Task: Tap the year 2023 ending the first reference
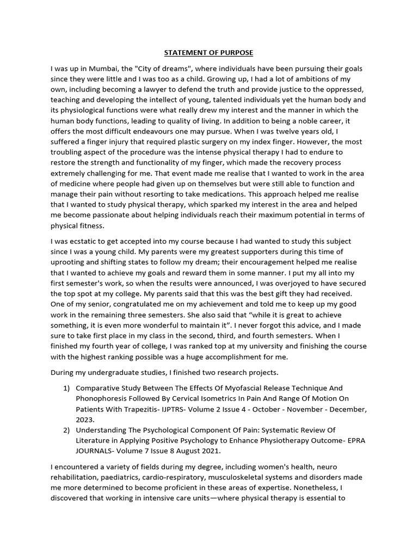point(85,419)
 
